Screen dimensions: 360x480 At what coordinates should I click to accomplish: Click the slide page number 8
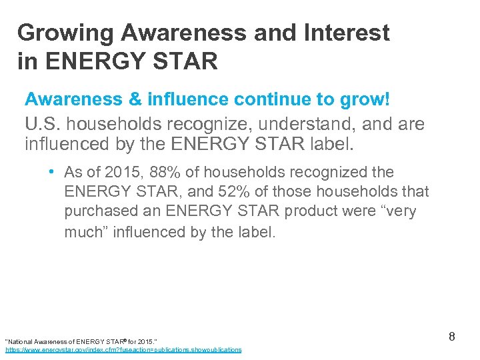pyautogui.click(x=451, y=337)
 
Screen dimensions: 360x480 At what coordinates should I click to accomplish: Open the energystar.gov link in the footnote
pyautogui.click(x=123, y=349)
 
